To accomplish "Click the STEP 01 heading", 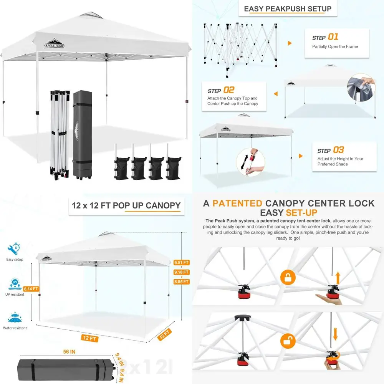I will (x=325, y=37).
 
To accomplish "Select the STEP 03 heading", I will (x=331, y=150).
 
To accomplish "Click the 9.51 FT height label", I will (x=182, y=263).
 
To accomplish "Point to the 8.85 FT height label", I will (x=182, y=281).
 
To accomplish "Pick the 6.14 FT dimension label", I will (x=31, y=289).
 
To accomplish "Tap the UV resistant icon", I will (x=15, y=285).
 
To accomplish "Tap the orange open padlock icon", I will (x=288, y=341).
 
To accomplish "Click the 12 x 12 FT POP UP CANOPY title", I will (x=126, y=205).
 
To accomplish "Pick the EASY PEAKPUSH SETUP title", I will (x=288, y=9).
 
